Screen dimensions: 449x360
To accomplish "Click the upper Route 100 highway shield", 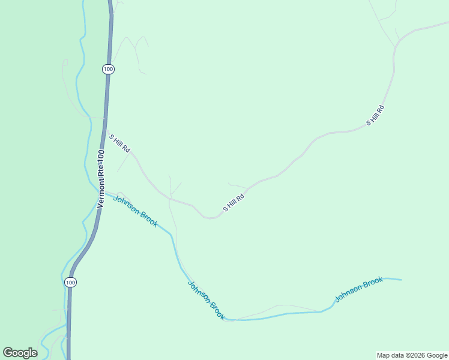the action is [x=108, y=69].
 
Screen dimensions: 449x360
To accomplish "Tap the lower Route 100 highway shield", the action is [x=71, y=282].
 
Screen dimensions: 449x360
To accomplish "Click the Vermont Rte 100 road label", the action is [x=100, y=179].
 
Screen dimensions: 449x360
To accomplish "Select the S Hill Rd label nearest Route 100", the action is [x=119, y=143].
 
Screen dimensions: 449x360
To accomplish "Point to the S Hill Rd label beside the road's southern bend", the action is [x=234, y=203].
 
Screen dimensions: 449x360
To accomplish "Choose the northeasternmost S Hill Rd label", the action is [x=375, y=115].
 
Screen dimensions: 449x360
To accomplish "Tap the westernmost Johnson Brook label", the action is [x=136, y=212].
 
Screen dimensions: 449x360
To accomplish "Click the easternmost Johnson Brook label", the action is [x=359, y=289].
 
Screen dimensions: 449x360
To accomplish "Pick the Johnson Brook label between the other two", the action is [x=206, y=301].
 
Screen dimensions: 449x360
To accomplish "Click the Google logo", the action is [x=20, y=353].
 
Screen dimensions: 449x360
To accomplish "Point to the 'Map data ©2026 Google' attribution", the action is [x=412, y=355].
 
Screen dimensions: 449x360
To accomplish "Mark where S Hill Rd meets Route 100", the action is [x=105, y=130].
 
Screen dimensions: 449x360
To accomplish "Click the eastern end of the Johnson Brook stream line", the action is [x=400, y=280].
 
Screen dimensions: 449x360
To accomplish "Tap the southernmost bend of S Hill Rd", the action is [x=210, y=218].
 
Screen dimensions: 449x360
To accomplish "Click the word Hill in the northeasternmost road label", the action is [x=376, y=115].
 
